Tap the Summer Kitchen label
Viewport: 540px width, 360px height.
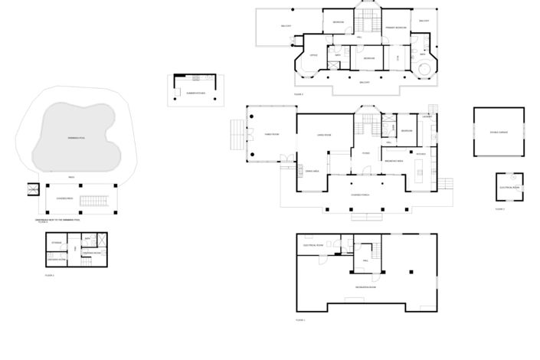[195, 93]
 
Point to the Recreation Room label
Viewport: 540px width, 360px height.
[365, 286]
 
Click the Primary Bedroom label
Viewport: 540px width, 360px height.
[395, 27]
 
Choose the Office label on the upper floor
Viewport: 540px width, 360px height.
[313, 55]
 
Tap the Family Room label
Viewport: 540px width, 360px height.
[272, 133]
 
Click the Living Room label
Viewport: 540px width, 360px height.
[324, 135]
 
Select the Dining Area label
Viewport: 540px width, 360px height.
[312, 171]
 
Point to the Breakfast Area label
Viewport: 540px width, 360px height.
[394, 161]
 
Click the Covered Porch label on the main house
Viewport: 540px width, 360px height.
[361, 195]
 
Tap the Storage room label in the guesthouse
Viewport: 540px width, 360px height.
[57, 244]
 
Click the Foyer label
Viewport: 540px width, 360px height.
[366, 153]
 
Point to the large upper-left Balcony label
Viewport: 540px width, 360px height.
[286, 26]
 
